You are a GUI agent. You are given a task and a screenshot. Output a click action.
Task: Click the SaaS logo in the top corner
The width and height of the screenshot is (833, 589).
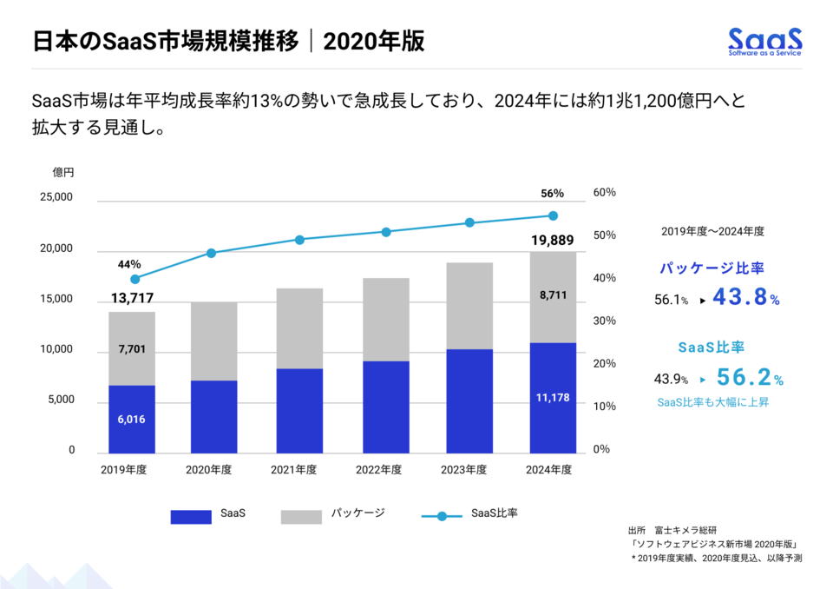point(764,41)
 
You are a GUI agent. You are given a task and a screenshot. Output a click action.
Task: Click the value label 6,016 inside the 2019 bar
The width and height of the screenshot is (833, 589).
point(132,419)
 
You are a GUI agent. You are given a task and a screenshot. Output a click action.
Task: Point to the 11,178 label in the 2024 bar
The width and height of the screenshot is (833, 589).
point(553,397)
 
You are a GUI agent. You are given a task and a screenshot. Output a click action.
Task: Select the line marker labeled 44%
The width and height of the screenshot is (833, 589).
point(134,279)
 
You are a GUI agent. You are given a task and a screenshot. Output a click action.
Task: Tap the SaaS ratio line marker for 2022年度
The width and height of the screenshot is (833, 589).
point(386,232)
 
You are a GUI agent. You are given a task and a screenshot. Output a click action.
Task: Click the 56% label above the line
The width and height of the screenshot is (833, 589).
point(552,194)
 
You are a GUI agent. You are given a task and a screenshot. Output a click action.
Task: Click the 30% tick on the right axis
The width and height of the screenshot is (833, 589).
point(604,321)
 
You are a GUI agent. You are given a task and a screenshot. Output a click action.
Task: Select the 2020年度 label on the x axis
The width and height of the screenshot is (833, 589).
point(209,470)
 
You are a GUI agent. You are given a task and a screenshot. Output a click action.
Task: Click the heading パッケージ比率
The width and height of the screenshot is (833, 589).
point(711,268)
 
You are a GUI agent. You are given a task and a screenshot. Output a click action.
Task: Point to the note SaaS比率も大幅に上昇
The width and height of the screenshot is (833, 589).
point(712,402)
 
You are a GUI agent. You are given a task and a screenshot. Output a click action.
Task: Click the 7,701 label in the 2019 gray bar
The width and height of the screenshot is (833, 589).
point(132,349)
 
